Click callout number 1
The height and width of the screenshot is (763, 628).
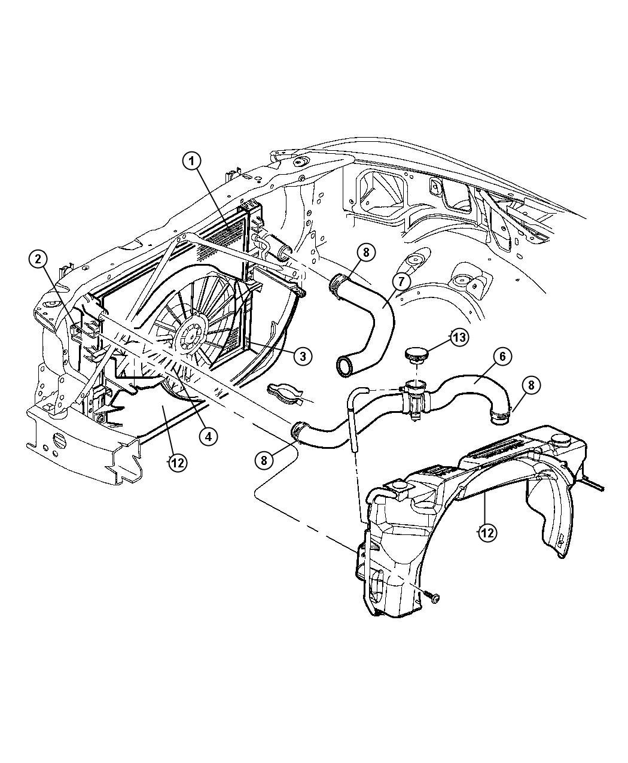[191, 160]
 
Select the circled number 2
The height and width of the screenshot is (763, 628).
[38, 259]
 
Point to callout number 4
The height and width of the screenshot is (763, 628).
[208, 436]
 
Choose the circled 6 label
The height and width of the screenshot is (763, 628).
[502, 357]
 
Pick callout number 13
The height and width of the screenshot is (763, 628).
[458, 338]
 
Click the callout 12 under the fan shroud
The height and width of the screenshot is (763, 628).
[176, 463]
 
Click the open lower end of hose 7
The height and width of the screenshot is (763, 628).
[346, 366]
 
